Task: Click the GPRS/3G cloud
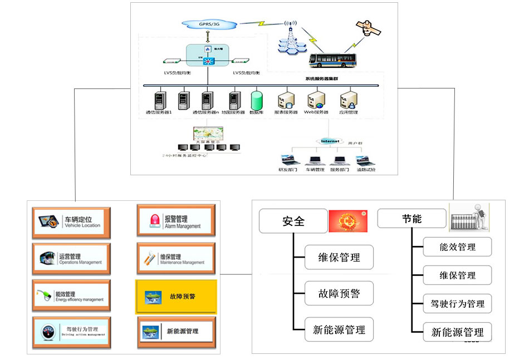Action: [209, 25]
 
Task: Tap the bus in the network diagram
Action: [332, 60]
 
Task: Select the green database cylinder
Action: [257, 100]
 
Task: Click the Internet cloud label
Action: [329, 141]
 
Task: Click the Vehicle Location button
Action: [71, 222]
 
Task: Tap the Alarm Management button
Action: [175, 221]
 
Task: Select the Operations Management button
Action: [71, 258]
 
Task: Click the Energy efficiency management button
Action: [71, 295]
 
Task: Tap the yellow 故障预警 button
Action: [176, 296]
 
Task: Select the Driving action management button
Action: [71, 332]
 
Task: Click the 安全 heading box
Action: [293, 221]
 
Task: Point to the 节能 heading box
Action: [412, 218]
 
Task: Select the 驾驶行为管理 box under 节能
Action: [457, 304]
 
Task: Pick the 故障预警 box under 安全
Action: [339, 293]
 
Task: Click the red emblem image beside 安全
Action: [348, 221]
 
